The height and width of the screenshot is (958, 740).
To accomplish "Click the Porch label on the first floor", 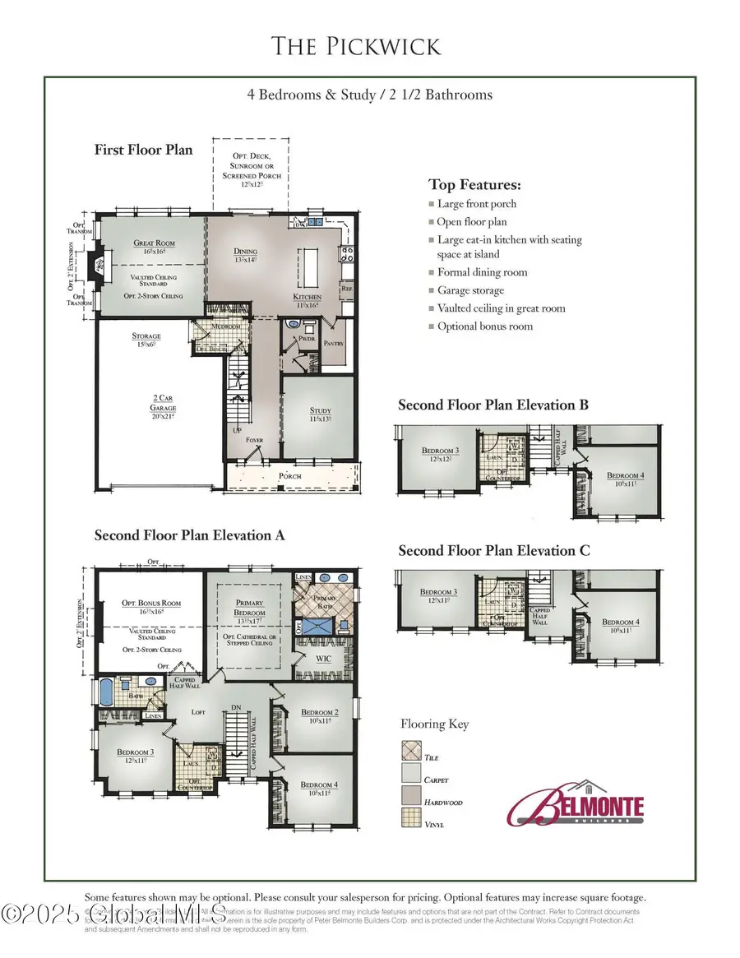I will point(290,476).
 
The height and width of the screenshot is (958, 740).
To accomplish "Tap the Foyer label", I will point(255,440).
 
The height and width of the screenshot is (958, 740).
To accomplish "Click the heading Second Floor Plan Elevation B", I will point(493,405).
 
